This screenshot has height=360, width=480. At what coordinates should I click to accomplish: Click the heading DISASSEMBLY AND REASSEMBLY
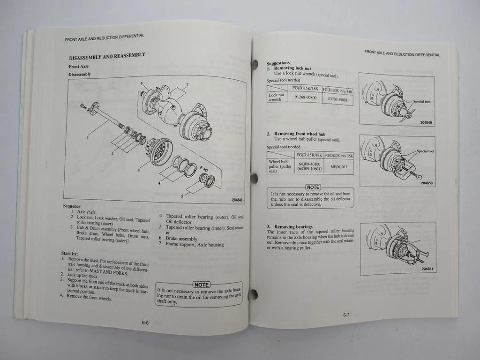tap(107, 56)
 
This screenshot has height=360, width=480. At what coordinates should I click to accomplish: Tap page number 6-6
tap(145, 323)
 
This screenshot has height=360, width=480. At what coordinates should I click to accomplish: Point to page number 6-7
tap(346, 315)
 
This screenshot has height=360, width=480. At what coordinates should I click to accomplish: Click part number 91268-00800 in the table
tap(305, 97)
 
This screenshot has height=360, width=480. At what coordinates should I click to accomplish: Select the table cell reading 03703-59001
tap(338, 100)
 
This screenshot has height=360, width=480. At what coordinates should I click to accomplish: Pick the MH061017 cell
tap(339, 167)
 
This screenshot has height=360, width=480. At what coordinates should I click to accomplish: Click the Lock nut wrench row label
tap(276, 97)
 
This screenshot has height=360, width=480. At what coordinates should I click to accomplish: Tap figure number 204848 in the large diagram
tap(237, 200)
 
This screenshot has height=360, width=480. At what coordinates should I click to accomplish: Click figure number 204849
tap(426, 123)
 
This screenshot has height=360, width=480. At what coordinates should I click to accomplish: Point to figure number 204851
tap(427, 269)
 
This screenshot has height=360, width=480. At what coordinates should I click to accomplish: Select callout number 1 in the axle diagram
tap(88, 138)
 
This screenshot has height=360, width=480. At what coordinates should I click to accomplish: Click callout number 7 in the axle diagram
tap(187, 85)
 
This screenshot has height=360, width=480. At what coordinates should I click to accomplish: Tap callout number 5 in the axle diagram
tap(182, 196)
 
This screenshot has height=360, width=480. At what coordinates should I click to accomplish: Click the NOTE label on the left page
tap(201, 285)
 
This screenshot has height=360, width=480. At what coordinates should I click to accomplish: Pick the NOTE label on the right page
tap(313, 187)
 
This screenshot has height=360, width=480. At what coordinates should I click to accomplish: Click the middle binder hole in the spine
tap(255, 178)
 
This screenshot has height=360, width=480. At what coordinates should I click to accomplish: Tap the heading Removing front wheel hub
tap(300, 134)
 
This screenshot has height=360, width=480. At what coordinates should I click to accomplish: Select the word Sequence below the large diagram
tap(72, 206)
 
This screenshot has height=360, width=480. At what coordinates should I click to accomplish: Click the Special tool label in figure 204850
tap(425, 151)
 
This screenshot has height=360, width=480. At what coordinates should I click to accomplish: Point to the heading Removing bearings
tap(293, 227)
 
